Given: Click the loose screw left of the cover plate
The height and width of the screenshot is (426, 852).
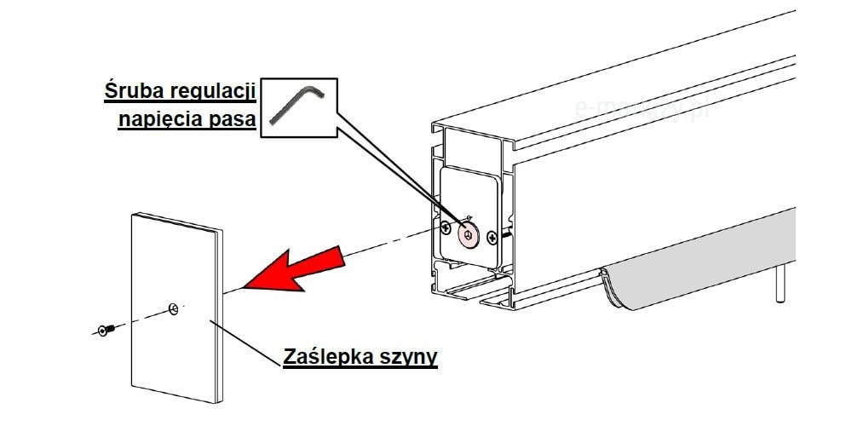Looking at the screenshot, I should pos(104,329).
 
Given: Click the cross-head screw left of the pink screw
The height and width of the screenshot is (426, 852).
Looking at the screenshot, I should pos(446,227).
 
